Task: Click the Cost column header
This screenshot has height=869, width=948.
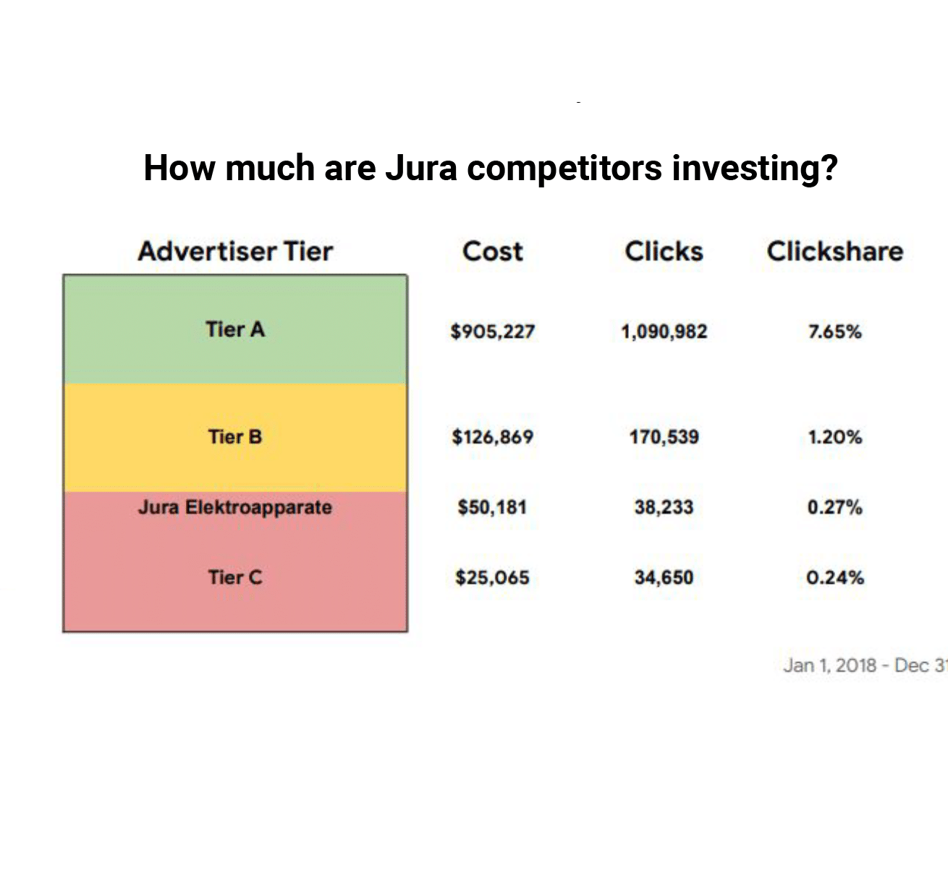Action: tap(492, 251)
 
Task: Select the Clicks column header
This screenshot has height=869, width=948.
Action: tap(664, 251)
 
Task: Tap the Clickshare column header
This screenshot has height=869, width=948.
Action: tap(835, 251)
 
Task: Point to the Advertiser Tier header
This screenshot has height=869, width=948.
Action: tap(235, 251)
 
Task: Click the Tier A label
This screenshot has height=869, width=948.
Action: tap(235, 329)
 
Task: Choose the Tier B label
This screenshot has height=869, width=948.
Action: tap(235, 436)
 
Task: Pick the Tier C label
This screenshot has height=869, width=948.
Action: tap(235, 577)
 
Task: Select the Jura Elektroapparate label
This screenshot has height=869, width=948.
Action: tap(235, 507)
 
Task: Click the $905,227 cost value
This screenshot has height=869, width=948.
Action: tap(492, 331)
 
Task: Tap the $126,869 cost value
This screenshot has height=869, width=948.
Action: tap(492, 436)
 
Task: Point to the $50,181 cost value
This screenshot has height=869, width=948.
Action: tap(492, 507)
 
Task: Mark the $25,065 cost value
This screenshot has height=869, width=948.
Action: tap(492, 577)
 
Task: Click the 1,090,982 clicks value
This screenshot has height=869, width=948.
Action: tap(664, 331)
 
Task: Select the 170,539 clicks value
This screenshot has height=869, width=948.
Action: tap(664, 437)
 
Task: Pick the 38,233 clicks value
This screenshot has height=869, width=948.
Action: tap(664, 507)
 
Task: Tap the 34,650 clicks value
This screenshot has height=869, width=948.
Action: tap(664, 577)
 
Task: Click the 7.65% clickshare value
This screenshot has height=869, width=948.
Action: tap(835, 331)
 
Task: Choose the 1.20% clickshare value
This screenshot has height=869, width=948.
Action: tap(835, 437)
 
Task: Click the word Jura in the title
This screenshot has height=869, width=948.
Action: tap(421, 168)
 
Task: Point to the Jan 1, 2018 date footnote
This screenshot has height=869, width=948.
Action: tap(865, 666)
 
